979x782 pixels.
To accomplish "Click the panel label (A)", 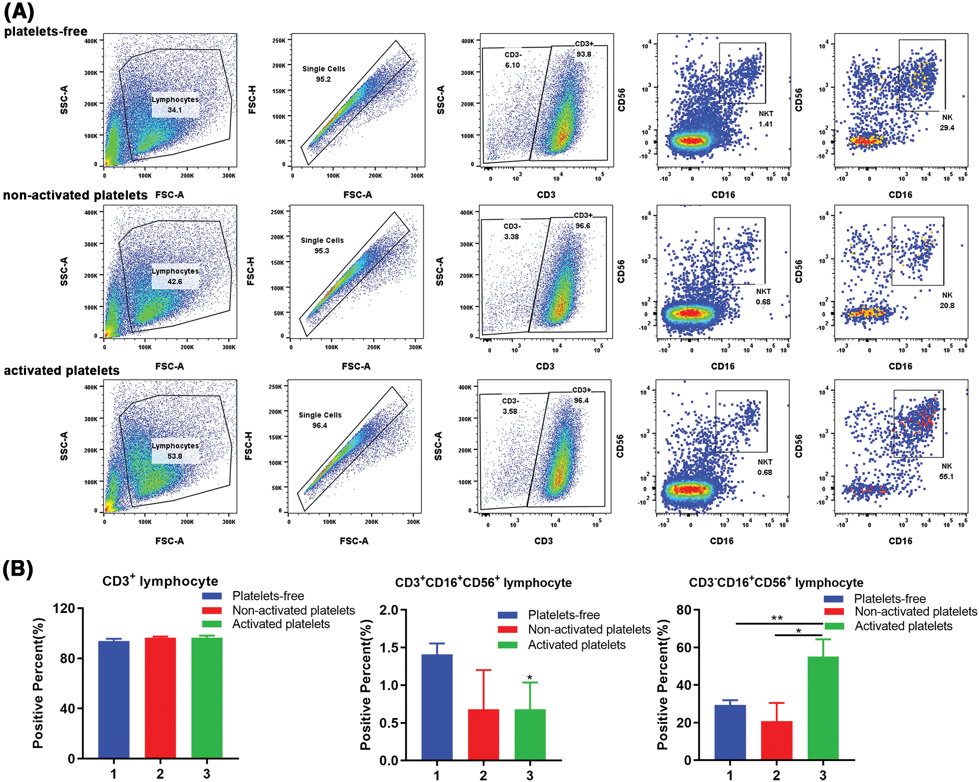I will click(19, 12).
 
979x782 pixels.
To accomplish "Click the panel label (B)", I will click(18, 570).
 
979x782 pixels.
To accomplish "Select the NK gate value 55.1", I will click(946, 476).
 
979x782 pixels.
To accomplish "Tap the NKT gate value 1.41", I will click(765, 124).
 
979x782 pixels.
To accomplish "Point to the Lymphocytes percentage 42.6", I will click(175, 282).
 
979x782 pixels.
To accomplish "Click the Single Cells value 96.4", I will click(319, 425).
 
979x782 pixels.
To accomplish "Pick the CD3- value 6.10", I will click(512, 65).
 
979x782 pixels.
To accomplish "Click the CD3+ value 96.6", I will click(582, 226).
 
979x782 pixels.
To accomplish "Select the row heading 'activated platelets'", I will click(62, 370).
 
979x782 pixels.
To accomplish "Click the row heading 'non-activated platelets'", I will click(75, 195).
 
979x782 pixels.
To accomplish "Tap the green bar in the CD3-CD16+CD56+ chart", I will click(823, 707).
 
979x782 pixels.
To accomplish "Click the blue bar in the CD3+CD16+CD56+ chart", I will click(437, 706).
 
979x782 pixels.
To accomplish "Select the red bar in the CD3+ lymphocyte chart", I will click(160, 697).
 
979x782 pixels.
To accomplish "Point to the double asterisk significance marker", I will click(777, 618).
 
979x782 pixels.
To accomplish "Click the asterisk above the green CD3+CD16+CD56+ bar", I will click(530, 678).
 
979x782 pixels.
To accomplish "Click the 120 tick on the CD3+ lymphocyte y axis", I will click(64, 609).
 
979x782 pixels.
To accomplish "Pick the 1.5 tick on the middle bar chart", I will click(389, 647).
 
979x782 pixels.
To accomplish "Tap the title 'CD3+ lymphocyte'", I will click(160, 581).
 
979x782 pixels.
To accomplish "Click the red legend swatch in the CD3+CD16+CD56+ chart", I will click(507, 630).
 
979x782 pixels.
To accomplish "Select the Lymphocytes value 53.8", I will click(175, 456).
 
